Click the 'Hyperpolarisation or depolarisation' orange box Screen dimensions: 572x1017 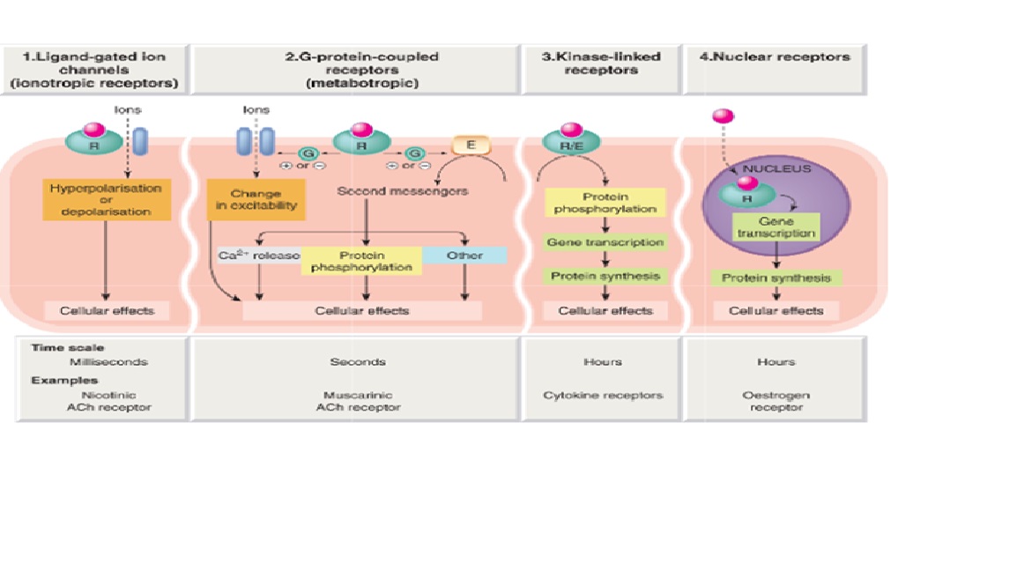tap(106, 200)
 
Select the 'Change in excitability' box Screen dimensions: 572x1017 tap(256, 199)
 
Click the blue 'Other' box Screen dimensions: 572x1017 tap(464, 256)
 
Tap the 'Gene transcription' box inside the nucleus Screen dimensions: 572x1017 tap(776, 228)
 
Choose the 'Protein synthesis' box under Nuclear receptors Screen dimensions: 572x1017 tap(776, 278)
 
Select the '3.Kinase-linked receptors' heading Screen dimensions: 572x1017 tap(602, 63)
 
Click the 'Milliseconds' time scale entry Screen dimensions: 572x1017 tap(108, 361)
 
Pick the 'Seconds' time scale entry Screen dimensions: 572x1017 tap(358, 361)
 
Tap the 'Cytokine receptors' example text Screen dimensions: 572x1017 tap(602, 396)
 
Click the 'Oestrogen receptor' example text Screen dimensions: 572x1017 tap(776, 401)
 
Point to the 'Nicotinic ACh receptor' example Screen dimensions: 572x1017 tap(108, 401)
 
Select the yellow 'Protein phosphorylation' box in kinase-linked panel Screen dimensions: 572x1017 tap(603, 203)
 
